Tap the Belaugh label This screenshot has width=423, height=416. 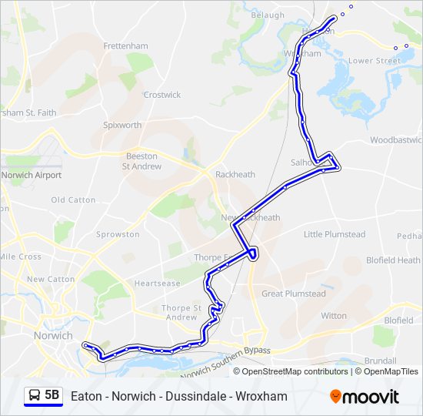point(268,14)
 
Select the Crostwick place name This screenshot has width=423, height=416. point(162,95)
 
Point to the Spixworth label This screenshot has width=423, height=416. point(123,125)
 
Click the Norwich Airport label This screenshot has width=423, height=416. point(32,175)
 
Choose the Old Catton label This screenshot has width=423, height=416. point(73,200)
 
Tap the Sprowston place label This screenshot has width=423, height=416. point(118,234)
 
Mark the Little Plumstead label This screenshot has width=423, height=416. point(335,234)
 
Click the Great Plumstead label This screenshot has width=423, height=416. point(294,294)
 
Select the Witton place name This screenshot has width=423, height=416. point(334,316)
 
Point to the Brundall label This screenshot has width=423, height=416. point(381,361)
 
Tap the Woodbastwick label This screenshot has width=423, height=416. point(396,140)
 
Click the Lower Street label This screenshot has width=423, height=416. point(375,60)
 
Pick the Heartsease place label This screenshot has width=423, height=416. point(157,283)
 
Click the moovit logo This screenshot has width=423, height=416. point(365,397)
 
